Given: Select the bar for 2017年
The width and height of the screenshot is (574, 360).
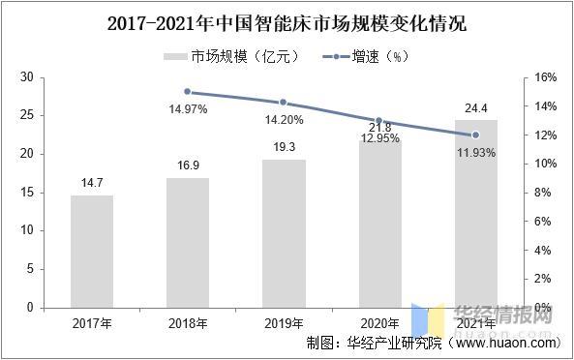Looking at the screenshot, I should pos(92,252).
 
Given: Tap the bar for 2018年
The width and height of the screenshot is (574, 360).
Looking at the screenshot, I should pos(188,243).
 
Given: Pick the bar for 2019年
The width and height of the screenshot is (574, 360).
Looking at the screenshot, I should pos(284,233).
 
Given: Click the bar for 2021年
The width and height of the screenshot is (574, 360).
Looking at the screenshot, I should pos(475,214).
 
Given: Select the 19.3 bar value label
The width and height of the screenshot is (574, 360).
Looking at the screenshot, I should pos(284,148).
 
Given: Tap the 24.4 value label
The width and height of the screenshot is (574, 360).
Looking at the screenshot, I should pos(475,108).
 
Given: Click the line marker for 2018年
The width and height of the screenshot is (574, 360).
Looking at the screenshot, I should pos(188,92).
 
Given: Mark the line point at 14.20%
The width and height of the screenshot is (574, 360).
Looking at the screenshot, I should pos(284,103).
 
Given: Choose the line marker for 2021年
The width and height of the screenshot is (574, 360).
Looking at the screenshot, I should pos(475,135).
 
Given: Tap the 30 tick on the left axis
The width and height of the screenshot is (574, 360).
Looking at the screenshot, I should pos(26,77).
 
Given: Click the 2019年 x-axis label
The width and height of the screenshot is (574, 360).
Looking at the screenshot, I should pos(284,322).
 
